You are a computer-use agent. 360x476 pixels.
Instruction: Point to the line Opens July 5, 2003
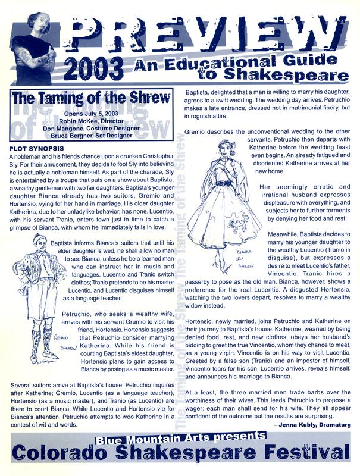coord(95,112)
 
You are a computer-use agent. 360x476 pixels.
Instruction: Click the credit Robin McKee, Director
coord(95,119)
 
